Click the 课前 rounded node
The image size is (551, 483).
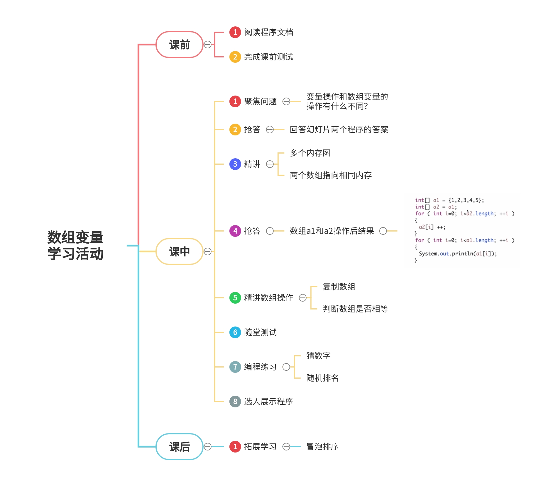pyautogui.click(x=179, y=45)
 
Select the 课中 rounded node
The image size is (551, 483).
pyautogui.click(x=179, y=251)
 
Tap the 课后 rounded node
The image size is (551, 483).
pyautogui.click(x=179, y=447)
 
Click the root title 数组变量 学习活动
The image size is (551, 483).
pyautogui.click(x=75, y=245)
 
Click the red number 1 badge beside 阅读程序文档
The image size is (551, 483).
pyautogui.click(x=235, y=32)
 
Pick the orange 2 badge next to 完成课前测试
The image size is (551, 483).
pyautogui.click(x=235, y=57)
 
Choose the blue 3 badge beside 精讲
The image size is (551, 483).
pyautogui.click(x=235, y=164)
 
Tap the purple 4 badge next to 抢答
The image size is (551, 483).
pyautogui.click(x=235, y=231)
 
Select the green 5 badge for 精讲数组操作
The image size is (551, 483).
pyautogui.click(x=235, y=298)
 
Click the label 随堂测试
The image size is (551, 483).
pyautogui.click(x=260, y=332)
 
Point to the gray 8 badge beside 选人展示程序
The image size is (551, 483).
pyautogui.click(x=235, y=402)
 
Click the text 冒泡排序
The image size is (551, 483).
pyautogui.click(x=322, y=447)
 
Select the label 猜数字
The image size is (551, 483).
pyautogui.click(x=318, y=356)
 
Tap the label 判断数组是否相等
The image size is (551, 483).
pyautogui.click(x=355, y=309)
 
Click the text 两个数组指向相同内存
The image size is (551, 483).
pyautogui.click(x=331, y=175)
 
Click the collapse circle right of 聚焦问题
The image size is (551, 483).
pyautogui.click(x=286, y=101)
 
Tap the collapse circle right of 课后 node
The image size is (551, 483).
pyautogui.click(x=208, y=447)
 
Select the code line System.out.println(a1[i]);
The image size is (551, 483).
pyautogui.click(x=458, y=254)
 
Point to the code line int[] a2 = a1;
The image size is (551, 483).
pyautogui.click(x=436, y=207)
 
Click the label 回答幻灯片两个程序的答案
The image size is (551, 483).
pyautogui.click(x=339, y=130)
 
